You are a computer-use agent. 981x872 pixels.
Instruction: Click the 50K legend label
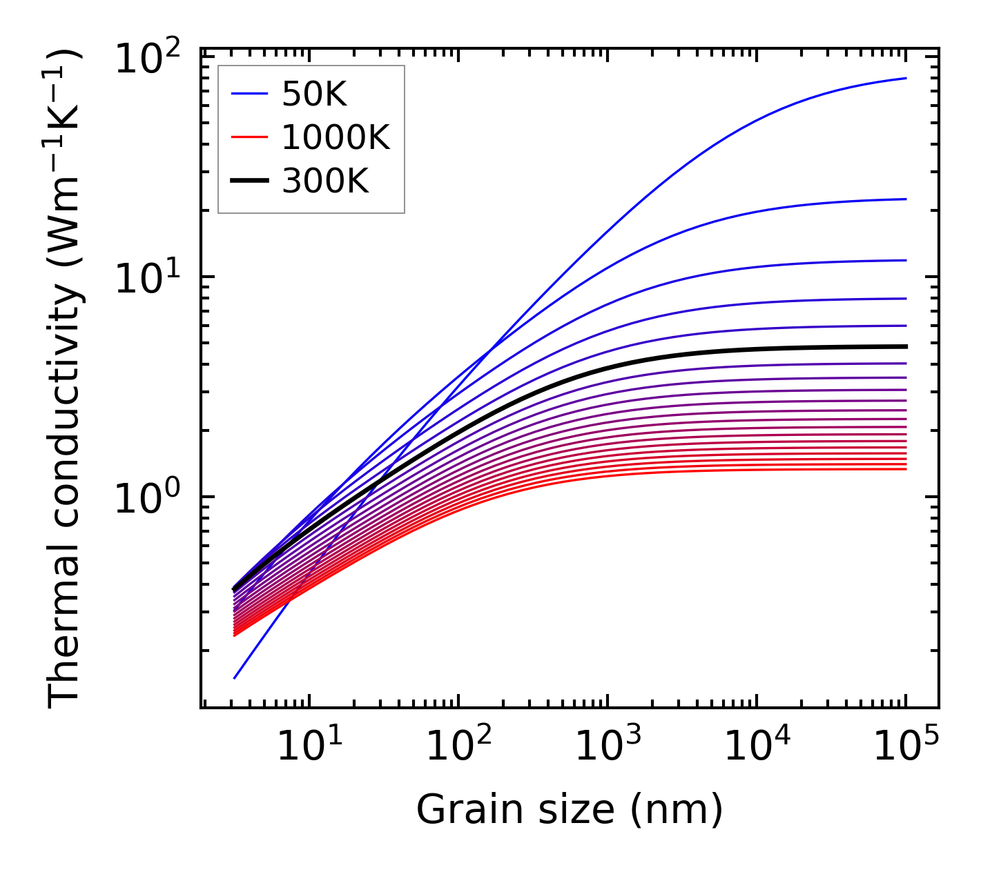314,95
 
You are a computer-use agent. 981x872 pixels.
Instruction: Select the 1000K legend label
336,138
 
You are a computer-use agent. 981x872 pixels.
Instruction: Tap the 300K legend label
325,181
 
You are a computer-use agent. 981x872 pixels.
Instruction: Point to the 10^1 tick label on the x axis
309,746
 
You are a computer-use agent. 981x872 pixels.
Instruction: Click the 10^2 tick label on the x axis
458,746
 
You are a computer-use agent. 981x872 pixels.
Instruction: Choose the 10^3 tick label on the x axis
608,746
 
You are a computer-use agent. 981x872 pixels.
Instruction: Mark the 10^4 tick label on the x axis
757,746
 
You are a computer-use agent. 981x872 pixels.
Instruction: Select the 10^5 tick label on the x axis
906,746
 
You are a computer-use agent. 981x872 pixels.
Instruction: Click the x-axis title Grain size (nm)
570,809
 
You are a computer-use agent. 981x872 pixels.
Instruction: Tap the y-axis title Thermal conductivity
66,378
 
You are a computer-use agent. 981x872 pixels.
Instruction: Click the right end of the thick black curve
906,346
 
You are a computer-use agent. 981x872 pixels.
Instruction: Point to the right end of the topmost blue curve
906,78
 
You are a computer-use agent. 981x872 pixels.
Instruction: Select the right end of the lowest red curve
906,469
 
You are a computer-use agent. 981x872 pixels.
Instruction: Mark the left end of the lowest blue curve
235,678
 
